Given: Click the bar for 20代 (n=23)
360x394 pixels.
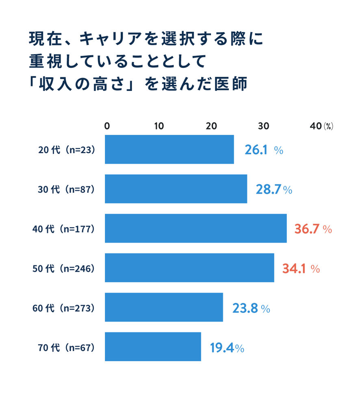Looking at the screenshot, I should point(169,149).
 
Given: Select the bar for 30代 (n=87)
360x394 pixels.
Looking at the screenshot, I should point(176,189).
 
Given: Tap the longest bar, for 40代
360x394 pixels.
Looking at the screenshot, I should point(196,228).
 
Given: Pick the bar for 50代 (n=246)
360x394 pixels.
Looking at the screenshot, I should point(189,268).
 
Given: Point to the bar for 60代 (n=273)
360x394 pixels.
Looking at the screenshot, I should point(164,307).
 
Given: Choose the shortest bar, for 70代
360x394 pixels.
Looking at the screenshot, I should point(153,346).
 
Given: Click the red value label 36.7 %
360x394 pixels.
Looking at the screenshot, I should point(313,229).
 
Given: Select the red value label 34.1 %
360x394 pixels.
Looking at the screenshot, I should point(301,269).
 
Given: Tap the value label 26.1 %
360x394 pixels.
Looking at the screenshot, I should point(264,150).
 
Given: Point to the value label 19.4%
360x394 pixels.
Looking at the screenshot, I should point(227,348).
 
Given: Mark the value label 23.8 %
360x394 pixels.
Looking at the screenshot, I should point(251,308).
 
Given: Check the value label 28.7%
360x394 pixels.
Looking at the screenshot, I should point(274,190).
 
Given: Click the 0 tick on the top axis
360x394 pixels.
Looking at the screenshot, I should point(107,126).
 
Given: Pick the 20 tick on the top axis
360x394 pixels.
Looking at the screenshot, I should point(211,126).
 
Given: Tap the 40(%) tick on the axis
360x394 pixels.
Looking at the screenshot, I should point(321,126).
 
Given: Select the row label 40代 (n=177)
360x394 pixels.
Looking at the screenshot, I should point(63,229).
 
